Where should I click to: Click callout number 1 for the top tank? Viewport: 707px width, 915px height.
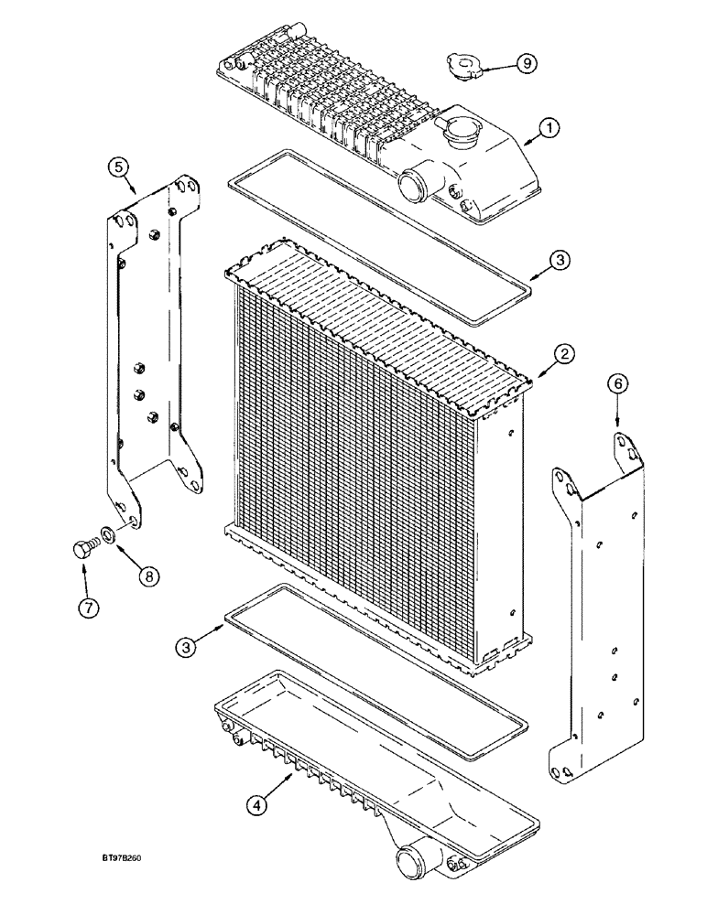pos(548,129)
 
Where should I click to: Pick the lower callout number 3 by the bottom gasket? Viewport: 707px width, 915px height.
pos(189,646)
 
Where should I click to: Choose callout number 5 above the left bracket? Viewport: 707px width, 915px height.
pos(617,386)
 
